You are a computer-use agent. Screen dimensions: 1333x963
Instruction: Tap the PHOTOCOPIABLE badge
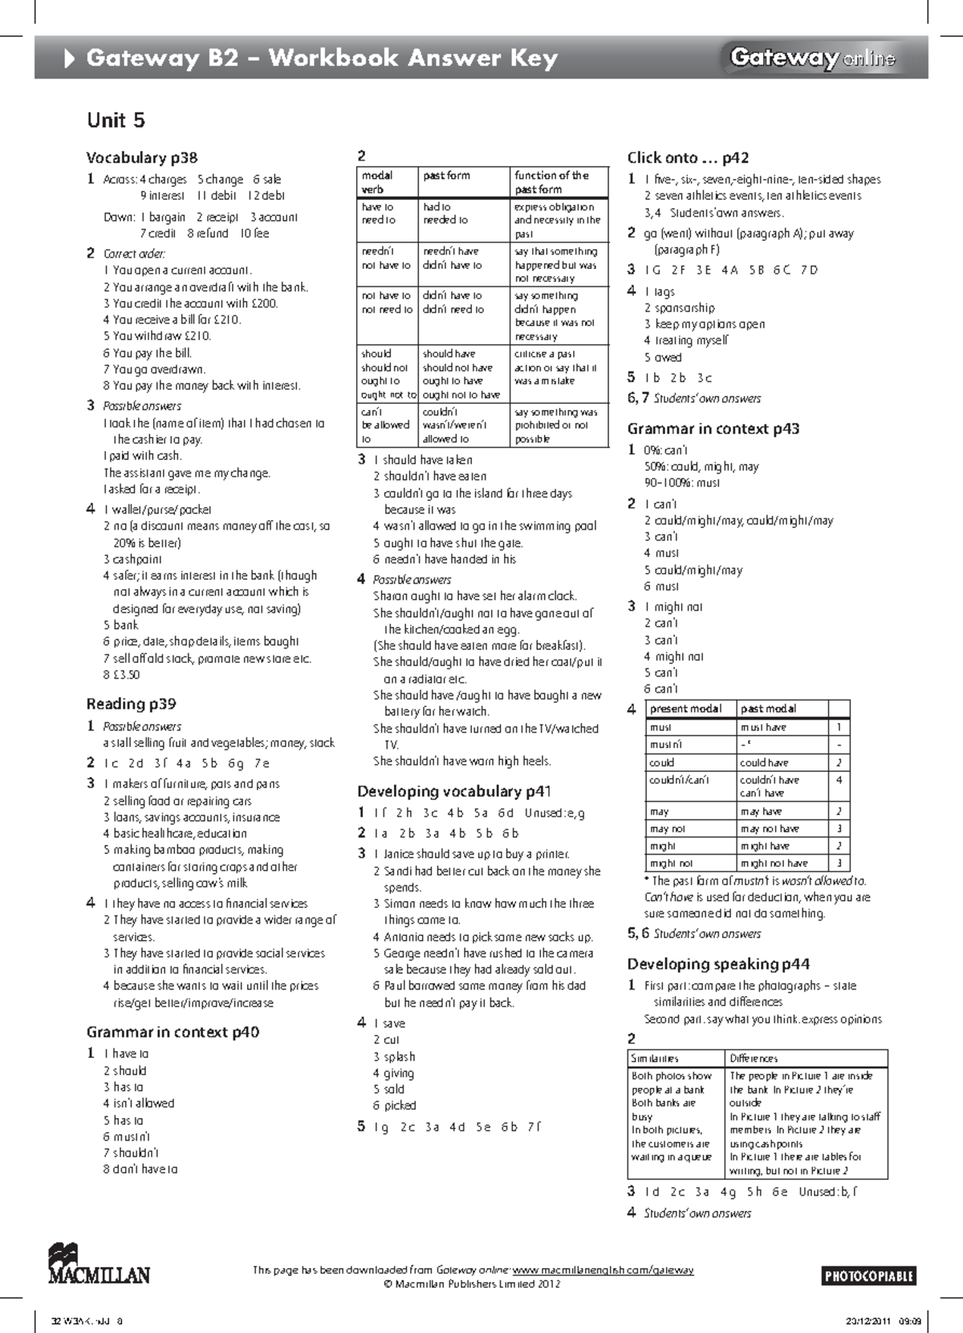[x=869, y=1276]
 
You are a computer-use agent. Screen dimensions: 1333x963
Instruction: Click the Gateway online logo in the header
[x=812, y=58]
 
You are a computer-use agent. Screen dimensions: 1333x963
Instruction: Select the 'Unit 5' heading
[x=116, y=120]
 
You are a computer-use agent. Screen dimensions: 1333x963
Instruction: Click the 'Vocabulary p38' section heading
[x=142, y=157]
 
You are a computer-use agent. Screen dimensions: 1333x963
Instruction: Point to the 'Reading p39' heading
[x=131, y=704]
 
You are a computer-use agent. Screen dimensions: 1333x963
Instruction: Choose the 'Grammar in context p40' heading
[x=173, y=1032]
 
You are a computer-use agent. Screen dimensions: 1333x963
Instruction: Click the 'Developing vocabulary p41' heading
[x=454, y=791]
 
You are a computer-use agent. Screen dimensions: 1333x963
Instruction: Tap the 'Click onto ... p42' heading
[x=688, y=157]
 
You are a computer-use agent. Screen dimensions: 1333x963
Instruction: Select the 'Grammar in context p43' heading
[x=713, y=429]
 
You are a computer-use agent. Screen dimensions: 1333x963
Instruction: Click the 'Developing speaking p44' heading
[x=718, y=964]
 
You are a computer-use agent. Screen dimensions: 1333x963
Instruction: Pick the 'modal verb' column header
[x=377, y=182]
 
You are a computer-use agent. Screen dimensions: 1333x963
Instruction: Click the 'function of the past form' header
[x=551, y=182]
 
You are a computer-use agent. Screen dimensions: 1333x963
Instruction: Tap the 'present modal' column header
[x=685, y=709]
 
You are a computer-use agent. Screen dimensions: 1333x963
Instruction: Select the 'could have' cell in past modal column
[x=763, y=762]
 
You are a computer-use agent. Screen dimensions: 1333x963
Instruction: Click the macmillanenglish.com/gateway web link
[x=603, y=1270]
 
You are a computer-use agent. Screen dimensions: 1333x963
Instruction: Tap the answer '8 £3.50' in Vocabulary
[x=121, y=675]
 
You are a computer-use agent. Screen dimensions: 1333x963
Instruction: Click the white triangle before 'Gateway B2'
[x=70, y=58]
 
